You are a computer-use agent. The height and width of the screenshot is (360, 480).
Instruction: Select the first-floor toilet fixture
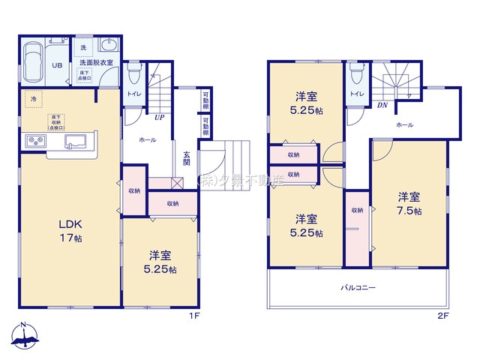pos(133,73)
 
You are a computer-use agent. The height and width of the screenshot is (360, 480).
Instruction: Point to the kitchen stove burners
pos(36,140)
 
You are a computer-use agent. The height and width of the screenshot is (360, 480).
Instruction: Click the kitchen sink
pos(76,140)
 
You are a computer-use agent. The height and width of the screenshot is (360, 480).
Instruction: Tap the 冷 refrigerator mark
pos(32,97)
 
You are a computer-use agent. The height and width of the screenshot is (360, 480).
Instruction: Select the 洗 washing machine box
pos(83,47)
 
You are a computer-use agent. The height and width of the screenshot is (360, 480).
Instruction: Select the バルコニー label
pos(358,288)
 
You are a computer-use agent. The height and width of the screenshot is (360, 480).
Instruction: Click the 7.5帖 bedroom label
pos(409,203)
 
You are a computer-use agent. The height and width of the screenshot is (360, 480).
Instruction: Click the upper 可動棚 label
pos(205,100)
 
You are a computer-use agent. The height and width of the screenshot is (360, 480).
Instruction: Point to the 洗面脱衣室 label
pos(96,63)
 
